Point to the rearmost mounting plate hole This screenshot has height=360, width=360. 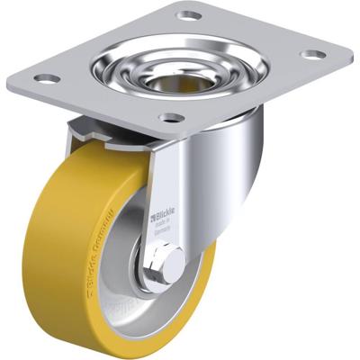(x=187, y=15)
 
